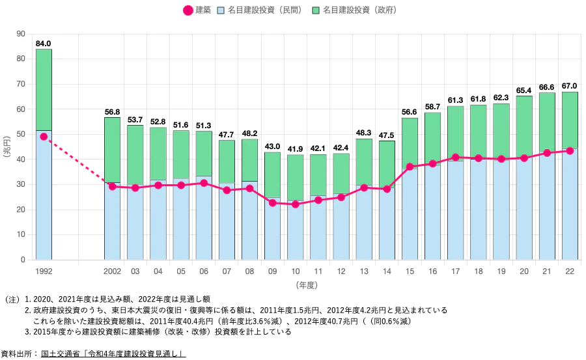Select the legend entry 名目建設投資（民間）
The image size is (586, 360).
259,11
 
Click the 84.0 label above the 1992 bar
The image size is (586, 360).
43,44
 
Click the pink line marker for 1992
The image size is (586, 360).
44,137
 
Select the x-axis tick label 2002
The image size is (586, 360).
112,271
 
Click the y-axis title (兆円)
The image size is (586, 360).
7,146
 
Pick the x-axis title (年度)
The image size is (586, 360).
306,285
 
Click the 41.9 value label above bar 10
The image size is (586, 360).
295,149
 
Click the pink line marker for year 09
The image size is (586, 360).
272,203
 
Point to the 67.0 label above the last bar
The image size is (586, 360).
570,86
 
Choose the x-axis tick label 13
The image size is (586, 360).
364,271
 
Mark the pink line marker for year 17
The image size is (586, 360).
455,158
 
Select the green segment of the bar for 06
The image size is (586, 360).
204,153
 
